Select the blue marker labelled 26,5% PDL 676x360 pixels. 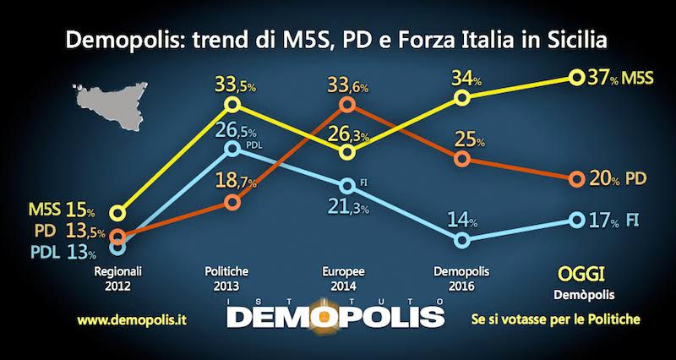pos(235,150)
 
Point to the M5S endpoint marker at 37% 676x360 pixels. pos(576,78)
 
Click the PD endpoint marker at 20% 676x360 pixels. pos(576,179)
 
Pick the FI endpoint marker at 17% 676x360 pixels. pos(576,220)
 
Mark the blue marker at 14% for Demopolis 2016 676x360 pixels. pos(462,241)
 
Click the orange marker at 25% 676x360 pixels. pos(462,159)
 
